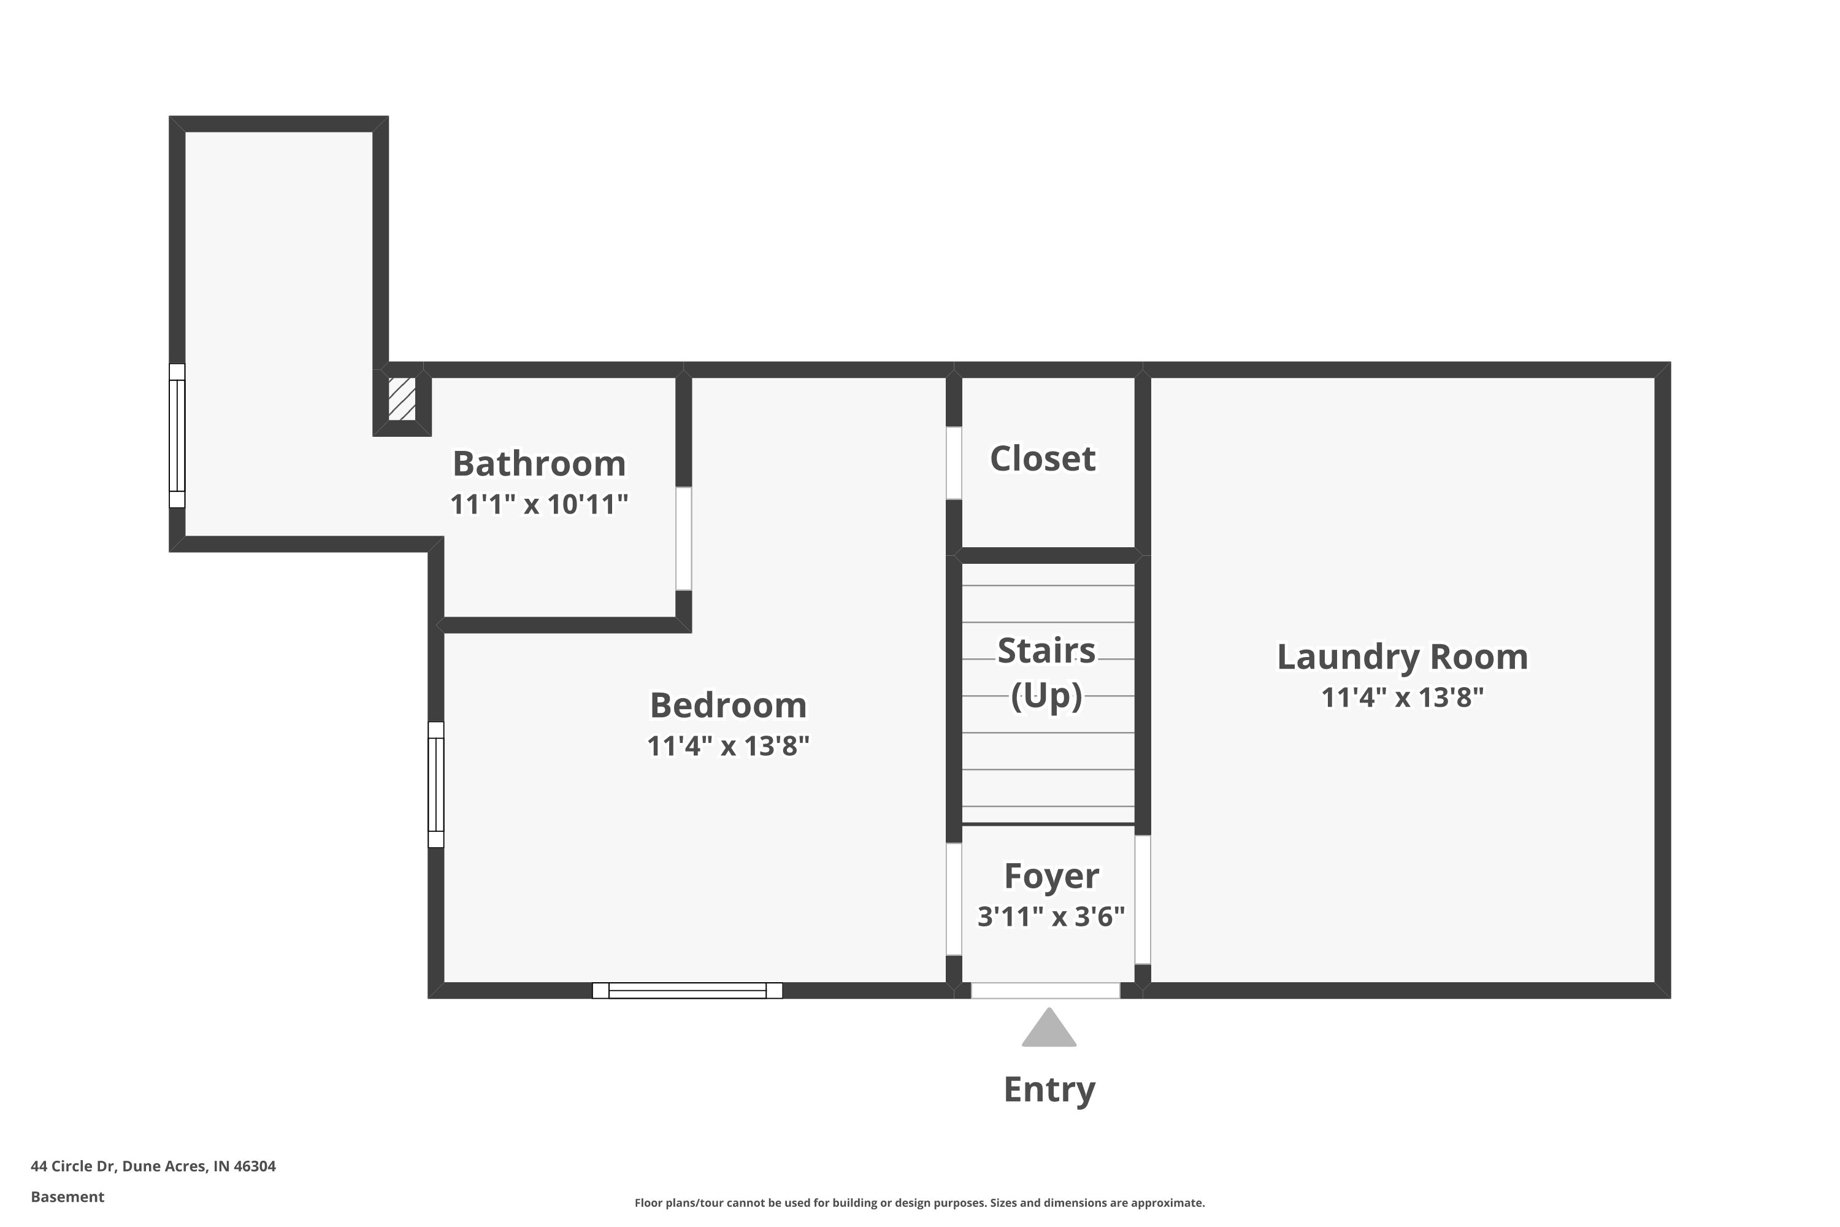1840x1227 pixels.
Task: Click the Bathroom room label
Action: point(539,463)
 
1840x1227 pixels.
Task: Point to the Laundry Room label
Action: point(1403,657)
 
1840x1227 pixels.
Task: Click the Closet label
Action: point(1043,458)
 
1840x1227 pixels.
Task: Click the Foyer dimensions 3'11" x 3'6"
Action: point(1051,917)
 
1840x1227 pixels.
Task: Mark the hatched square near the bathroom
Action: point(402,399)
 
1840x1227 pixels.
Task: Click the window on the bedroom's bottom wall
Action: point(688,991)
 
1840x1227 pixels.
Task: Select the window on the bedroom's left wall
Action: point(435,785)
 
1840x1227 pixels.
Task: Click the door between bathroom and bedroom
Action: point(684,539)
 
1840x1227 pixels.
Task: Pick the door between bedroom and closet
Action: point(954,463)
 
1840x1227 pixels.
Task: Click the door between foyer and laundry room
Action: point(1143,900)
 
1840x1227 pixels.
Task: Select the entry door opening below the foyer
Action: point(1045,991)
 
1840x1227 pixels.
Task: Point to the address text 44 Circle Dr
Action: point(73,1166)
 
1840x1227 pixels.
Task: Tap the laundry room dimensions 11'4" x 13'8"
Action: point(1403,697)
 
